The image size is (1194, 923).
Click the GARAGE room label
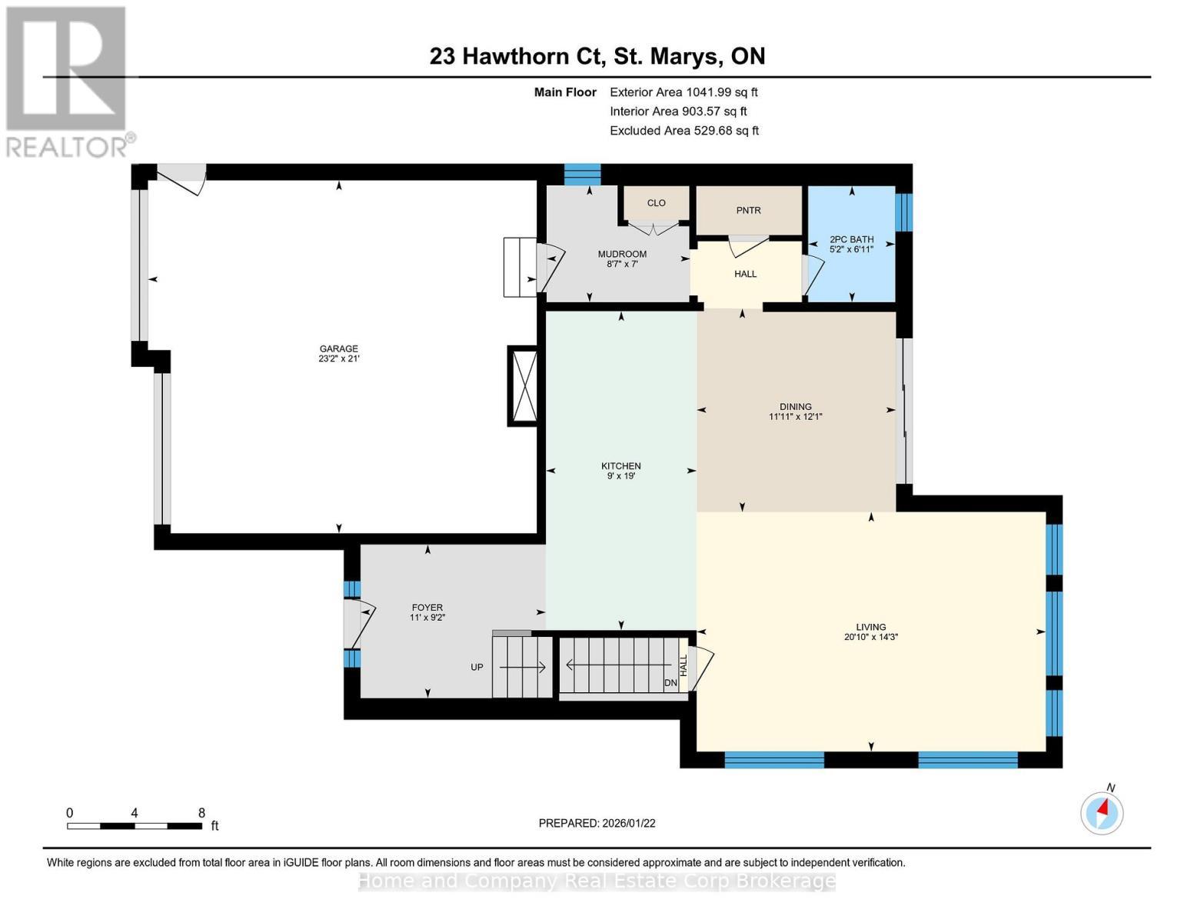(x=338, y=348)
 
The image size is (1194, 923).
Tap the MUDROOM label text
(x=622, y=254)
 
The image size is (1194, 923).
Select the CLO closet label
(x=656, y=203)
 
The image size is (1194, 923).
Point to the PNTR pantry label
(x=748, y=211)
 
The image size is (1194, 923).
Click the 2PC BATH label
(x=852, y=240)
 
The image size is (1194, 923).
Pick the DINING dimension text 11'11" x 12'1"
(x=795, y=417)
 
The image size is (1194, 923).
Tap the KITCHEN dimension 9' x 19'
(x=621, y=476)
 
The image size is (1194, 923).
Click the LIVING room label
(x=871, y=627)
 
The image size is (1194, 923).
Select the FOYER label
(x=427, y=608)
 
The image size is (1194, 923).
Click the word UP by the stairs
(x=477, y=668)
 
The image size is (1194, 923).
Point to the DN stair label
(x=671, y=683)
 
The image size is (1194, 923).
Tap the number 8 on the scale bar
(x=201, y=813)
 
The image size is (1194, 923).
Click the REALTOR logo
(x=68, y=82)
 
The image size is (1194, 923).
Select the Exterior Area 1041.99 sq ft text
(x=683, y=92)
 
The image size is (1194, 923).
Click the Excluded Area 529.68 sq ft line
(x=684, y=131)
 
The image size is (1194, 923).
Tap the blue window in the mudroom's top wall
(x=583, y=175)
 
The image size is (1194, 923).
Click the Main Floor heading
(x=565, y=92)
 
